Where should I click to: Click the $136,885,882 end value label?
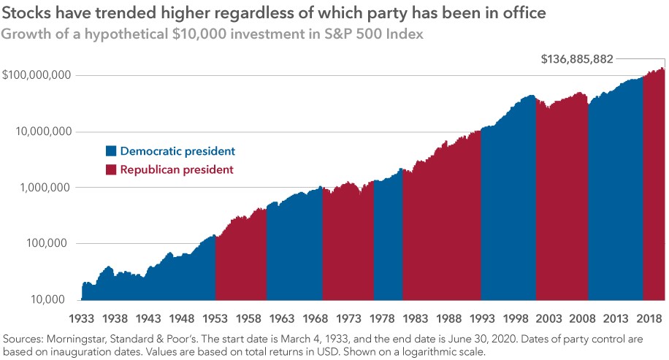[577, 58]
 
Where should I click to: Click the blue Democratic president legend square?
[111, 151]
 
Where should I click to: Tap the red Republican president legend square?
[111, 169]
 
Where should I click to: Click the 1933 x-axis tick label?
[81, 319]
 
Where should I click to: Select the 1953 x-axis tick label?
[214, 319]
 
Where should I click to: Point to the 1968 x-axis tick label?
[314, 319]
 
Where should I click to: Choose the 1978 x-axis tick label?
[381, 319]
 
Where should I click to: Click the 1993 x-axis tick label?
[480, 319]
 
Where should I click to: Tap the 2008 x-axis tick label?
[580, 319]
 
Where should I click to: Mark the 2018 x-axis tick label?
[646, 319]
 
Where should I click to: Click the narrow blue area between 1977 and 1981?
[388, 241]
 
